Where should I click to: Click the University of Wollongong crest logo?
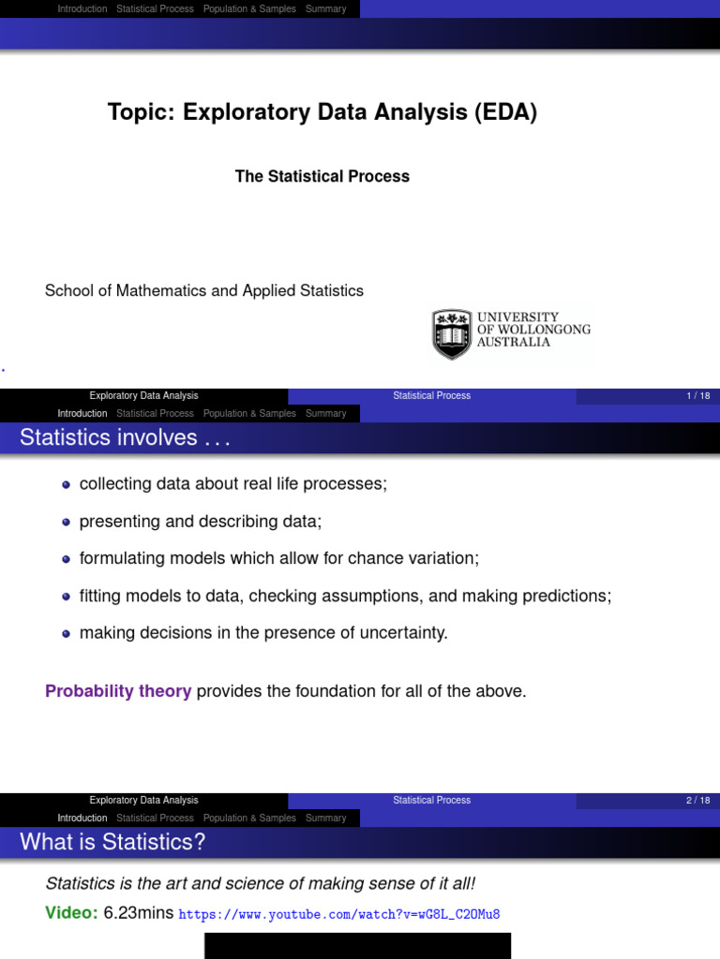(x=453, y=333)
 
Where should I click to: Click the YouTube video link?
(x=339, y=914)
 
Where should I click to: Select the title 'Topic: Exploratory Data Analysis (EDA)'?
(x=322, y=113)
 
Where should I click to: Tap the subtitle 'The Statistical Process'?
(x=322, y=176)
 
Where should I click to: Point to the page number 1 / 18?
(x=698, y=396)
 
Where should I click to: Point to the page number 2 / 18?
(x=698, y=801)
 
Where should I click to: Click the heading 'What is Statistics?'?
(x=112, y=842)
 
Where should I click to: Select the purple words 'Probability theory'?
(x=118, y=692)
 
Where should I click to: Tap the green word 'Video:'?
(x=71, y=913)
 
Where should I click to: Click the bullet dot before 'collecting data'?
(x=66, y=484)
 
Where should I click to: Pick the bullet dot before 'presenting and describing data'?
(x=66, y=522)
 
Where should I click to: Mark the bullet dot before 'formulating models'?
(x=66, y=559)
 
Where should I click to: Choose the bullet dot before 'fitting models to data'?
(x=66, y=596)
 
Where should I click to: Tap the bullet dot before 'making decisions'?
(x=66, y=633)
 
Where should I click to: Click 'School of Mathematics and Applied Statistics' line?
(x=204, y=290)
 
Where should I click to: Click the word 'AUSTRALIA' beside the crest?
(x=514, y=343)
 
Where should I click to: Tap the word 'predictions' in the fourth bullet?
(x=569, y=596)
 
